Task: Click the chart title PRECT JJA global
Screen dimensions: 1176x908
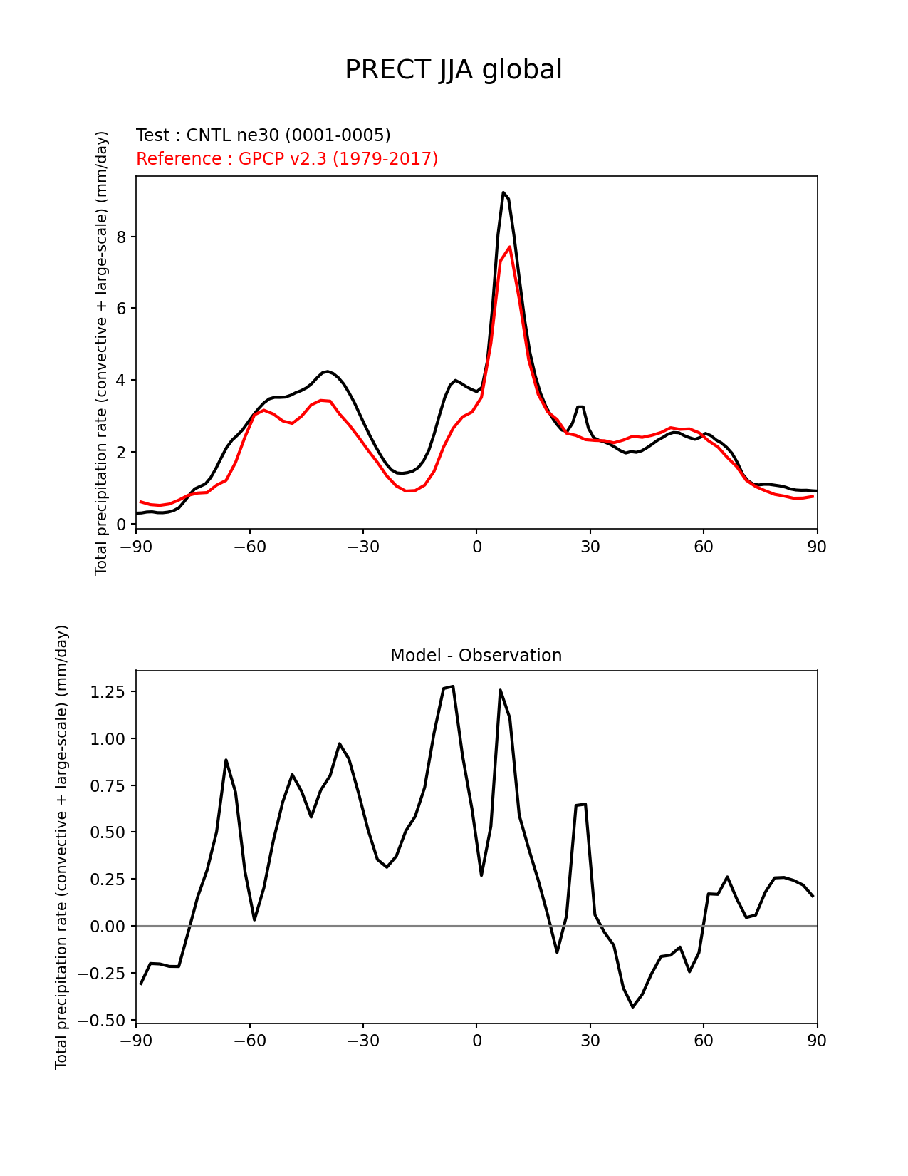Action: [x=454, y=70]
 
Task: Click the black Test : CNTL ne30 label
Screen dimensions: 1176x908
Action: [x=263, y=135]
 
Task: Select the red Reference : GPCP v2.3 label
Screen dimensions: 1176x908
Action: [x=287, y=158]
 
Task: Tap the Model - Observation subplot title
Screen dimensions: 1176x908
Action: [x=476, y=656]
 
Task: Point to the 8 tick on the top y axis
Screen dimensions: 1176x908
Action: [x=122, y=237]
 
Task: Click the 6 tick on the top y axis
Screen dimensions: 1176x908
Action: [x=122, y=309]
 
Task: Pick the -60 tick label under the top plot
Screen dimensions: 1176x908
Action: [x=249, y=547]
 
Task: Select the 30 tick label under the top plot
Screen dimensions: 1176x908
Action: [x=590, y=547]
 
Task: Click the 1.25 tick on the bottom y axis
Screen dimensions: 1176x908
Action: [x=108, y=692]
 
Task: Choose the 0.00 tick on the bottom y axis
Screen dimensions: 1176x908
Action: [x=108, y=926]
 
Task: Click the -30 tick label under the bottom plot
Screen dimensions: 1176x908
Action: [x=362, y=1041]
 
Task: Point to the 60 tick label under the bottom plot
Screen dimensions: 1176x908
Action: [x=704, y=1041]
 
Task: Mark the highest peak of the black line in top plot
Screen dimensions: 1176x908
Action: [x=503, y=192]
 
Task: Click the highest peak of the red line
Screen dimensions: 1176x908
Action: [x=510, y=247]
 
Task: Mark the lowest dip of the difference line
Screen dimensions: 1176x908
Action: [x=632, y=1006]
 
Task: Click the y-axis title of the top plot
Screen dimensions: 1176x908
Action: [x=101, y=353]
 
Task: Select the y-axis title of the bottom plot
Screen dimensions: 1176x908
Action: [x=62, y=847]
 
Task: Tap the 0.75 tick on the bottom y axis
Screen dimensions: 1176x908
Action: [x=108, y=785]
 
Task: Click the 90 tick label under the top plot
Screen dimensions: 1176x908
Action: [x=817, y=547]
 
